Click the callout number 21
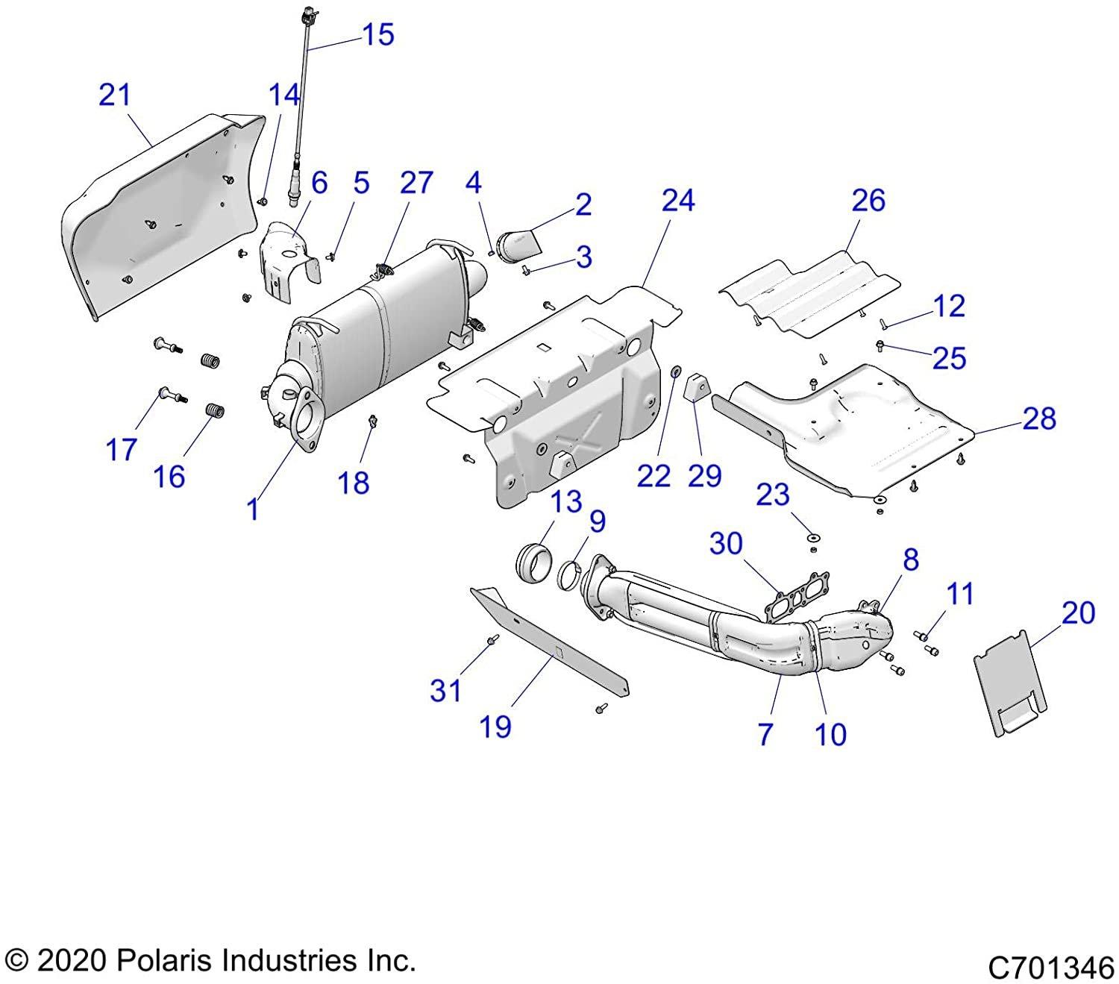click(x=115, y=95)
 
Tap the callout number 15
click(x=377, y=34)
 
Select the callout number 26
click(x=868, y=201)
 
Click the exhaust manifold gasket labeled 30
click(x=792, y=598)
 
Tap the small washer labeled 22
click(x=676, y=372)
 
